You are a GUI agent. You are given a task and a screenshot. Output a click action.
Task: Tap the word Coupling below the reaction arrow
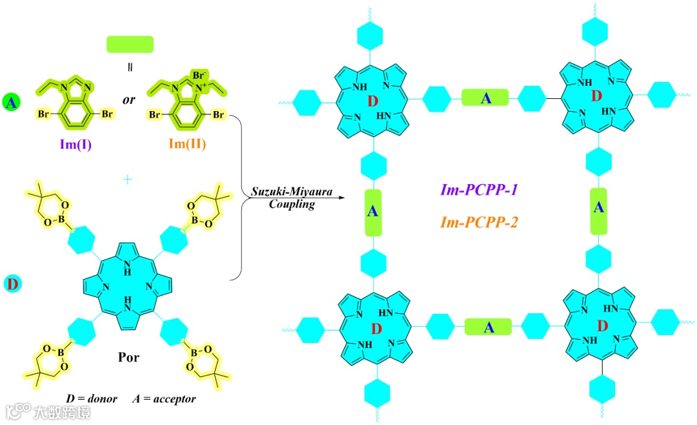point(292,205)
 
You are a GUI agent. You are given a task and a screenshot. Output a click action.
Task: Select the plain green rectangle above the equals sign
point(130,44)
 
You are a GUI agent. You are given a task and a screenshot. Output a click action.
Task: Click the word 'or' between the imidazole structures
point(128,101)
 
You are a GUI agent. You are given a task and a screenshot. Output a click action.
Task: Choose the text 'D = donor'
point(92,399)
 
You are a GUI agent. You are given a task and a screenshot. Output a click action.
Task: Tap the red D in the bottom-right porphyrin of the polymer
point(602,325)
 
